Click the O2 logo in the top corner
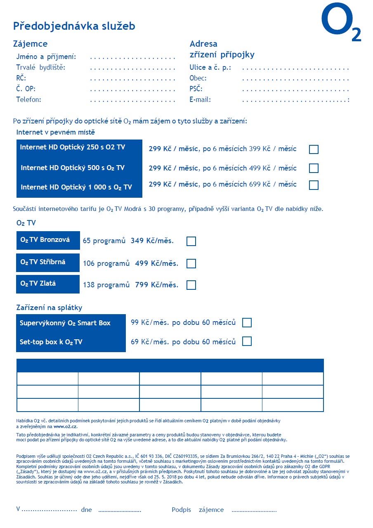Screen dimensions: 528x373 pyautogui.click(x=341, y=23)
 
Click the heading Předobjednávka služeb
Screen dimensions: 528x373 pyautogui.click(x=74, y=26)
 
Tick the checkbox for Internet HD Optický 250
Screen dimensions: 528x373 pyautogui.click(x=314, y=149)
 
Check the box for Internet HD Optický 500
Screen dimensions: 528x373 pyautogui.click(x=314, y=168)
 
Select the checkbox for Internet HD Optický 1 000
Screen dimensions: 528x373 pyautogui.click(x=314, y=185)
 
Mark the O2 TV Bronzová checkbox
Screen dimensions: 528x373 pyautogui.click(x=191, y=241)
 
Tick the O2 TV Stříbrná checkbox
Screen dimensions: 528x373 pyautogui.click(x=191, y=263)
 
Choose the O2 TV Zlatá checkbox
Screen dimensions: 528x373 pyautogui.click(x=191, y=285)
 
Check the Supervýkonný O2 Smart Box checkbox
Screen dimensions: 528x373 pyautogui.click(x=247, y=323)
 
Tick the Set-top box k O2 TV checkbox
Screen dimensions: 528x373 pyautogui.click(x=247, y=341)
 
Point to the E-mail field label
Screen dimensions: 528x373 pyautogui.click(x=200, y=99)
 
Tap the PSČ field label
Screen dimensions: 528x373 pyautogui.click(x=196, y=89)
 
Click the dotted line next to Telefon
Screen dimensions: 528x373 pyautogui.click(x=132, y=99)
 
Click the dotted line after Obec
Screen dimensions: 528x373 pyautogui.click(x=295, y=78)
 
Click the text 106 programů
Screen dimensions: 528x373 pyautogui.click(x=106, y=263)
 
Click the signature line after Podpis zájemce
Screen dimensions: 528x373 pyautogui.click(x=254, y=511)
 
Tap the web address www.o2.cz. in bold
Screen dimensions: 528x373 pyautogui.click(x=66, y=426)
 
